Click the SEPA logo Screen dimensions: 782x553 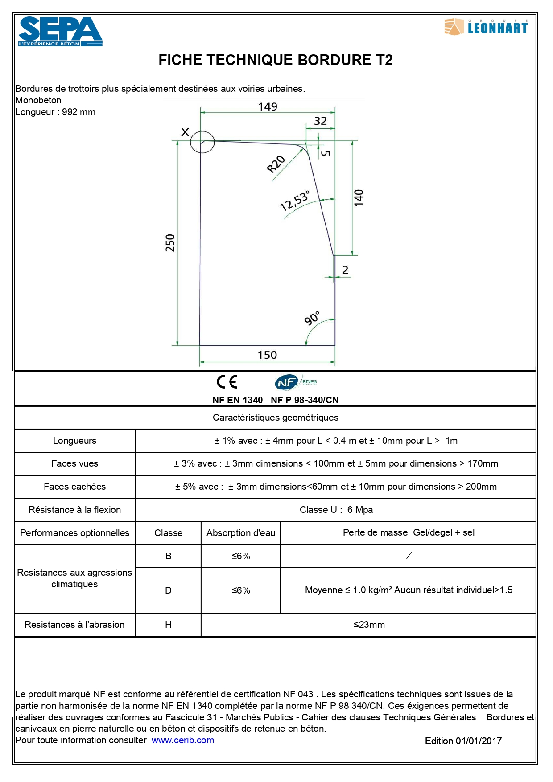pos(60,32)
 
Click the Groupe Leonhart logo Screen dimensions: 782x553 pos(486,27)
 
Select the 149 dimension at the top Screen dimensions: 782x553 pos(268,107)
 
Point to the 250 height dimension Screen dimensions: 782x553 pos(170,243)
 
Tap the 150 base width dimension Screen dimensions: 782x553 pos(267,355)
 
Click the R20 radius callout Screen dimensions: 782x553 pos(276,164)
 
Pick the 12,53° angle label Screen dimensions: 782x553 pos(294,201)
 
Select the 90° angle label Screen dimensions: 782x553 pos(312,318)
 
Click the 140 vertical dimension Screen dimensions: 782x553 pos(359,197)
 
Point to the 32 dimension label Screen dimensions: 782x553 pos(320,121)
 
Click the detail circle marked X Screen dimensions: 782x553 pos(202,142)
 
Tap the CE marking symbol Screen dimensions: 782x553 pos(227,382)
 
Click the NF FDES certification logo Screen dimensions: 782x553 pos(296,382)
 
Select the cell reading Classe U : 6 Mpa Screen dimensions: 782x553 pos(336,510)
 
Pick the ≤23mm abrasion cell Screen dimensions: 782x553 pos(369,625)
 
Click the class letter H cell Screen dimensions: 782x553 pos(168,625)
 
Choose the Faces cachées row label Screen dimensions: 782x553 pos(74,487)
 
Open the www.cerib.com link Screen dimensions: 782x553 pos(183,740)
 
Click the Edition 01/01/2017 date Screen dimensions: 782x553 pos(463,741)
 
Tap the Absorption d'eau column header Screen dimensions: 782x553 pos(241,533)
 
